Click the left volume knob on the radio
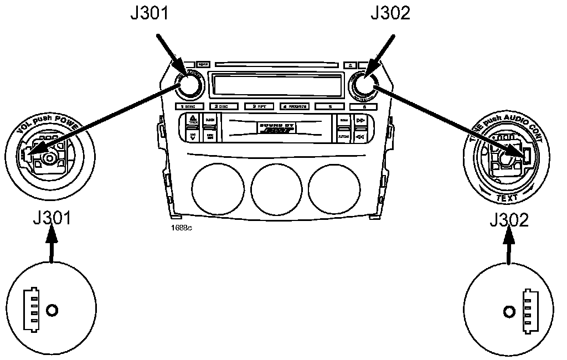click(x=188, y=85)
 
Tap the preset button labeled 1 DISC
click(x=189, y=106)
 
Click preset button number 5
click(x=330, y=106)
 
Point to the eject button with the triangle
click(x=350, y=64)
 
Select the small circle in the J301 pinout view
click(x=51, y=310)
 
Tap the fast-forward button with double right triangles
click(x=360, y=120)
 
